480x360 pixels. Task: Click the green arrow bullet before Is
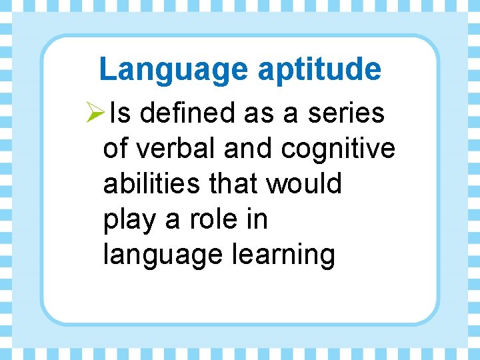click(x=97, y=114)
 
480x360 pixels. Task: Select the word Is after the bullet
click(x=121, y=114)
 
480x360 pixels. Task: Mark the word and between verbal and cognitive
click(x=248, y=149)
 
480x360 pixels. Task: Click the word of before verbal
click(x=115, y=149)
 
